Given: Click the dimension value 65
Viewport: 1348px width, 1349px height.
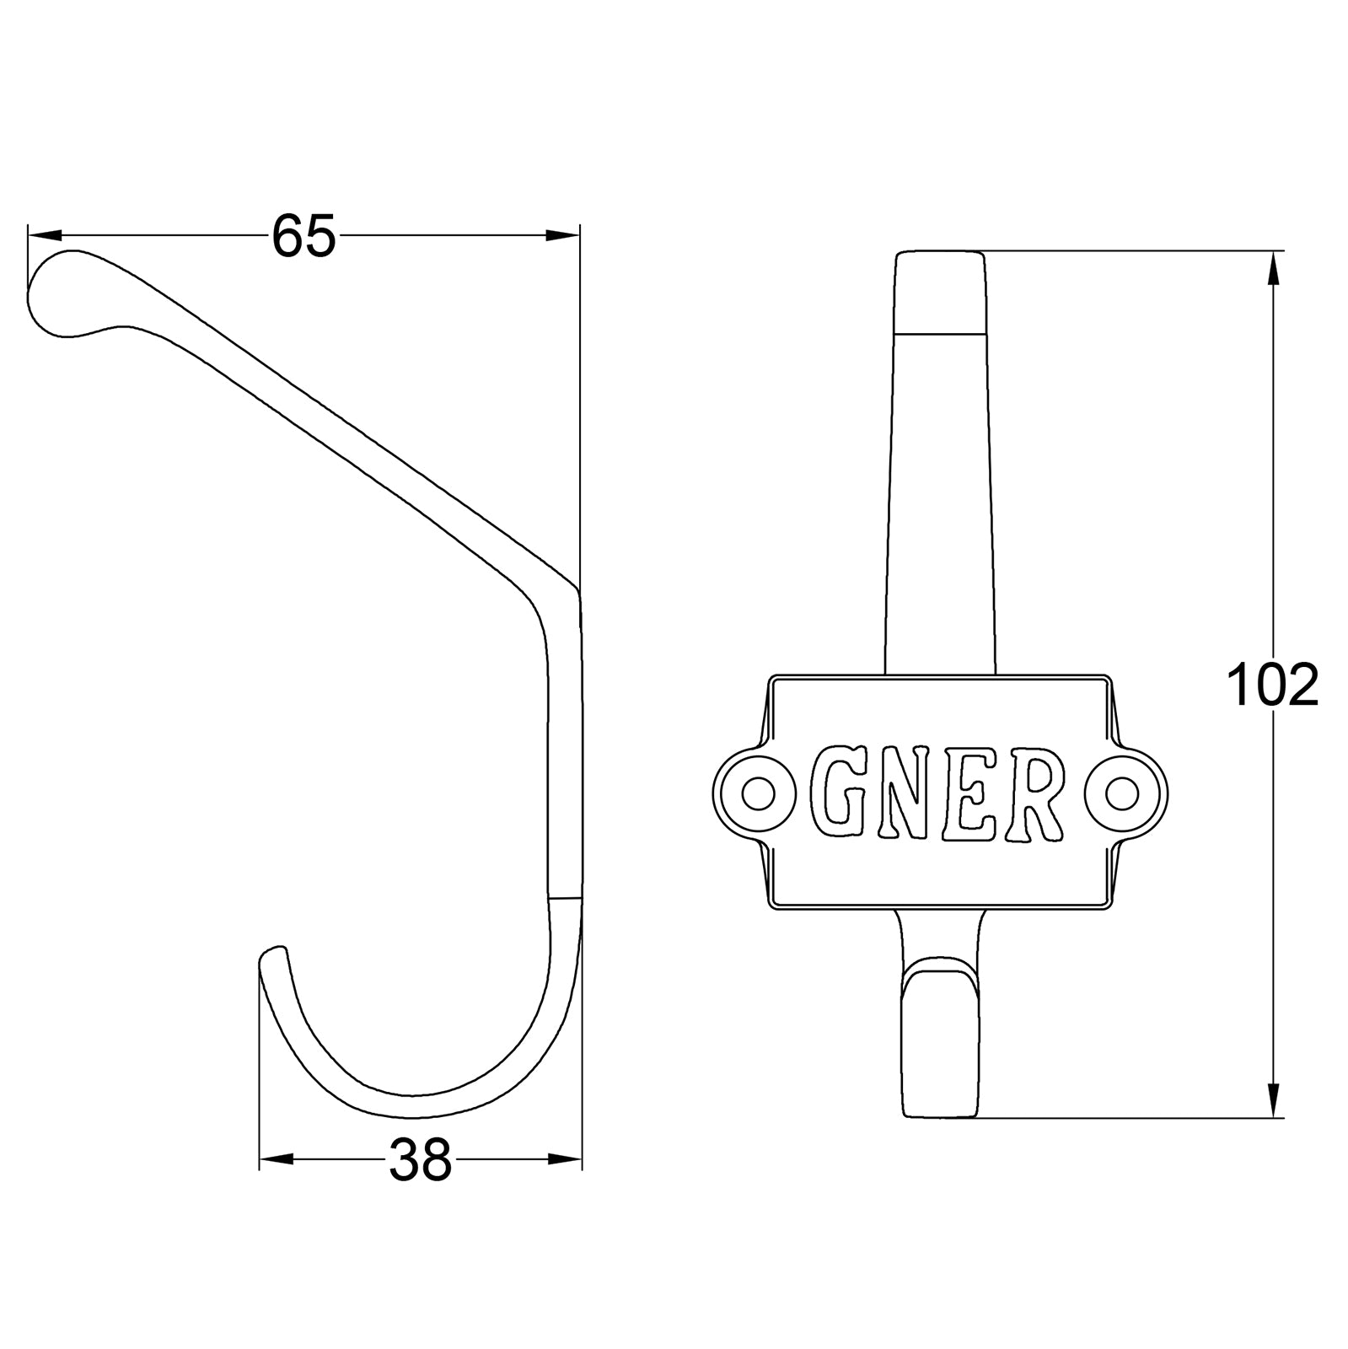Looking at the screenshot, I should point(303,236).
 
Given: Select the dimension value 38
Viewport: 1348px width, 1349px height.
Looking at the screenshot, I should point(420,1160).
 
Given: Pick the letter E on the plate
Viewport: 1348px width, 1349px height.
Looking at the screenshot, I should point(970,793).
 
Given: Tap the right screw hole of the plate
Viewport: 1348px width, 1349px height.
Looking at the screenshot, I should point(1123,793).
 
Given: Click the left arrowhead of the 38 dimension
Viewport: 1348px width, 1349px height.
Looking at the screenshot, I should point(275,1160).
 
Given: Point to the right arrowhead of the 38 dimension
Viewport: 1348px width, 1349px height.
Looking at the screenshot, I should point(566,1160).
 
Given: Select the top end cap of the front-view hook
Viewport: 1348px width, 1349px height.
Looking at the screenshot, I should point(940,292).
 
